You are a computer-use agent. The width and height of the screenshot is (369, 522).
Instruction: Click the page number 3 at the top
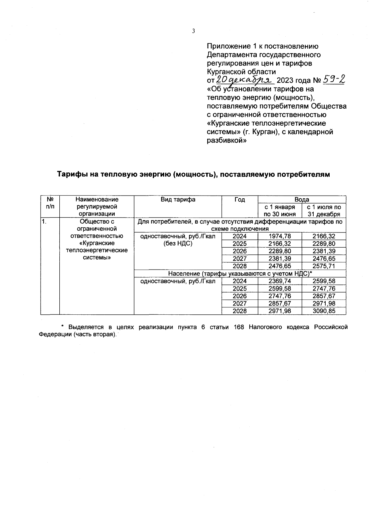(193, 31)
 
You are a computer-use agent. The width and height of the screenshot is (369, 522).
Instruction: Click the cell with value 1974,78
(280, 236)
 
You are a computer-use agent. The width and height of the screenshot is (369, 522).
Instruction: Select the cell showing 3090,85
(324, 311)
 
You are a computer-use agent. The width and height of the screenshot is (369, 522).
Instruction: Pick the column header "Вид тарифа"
(178, 200)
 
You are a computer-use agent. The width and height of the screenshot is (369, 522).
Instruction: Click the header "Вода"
(302, 200)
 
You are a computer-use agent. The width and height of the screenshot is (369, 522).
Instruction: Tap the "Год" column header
(240, 200)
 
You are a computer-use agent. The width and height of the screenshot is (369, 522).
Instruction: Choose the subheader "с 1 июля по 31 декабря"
(324, 211)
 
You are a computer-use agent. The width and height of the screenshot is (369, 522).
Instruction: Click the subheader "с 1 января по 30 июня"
(280, 211)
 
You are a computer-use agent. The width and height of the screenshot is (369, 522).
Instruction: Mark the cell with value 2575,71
(324, 266)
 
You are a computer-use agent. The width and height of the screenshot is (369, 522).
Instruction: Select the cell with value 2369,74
(280, 281)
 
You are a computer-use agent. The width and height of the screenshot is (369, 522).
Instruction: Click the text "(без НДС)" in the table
(178, 244)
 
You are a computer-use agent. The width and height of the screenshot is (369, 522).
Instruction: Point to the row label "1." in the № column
(45, 221)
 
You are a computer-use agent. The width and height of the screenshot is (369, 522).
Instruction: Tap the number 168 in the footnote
(239, 327)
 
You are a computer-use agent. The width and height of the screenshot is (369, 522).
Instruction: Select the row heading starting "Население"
(240, 273)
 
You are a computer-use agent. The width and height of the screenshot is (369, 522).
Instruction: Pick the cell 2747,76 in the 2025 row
(324, 289)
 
